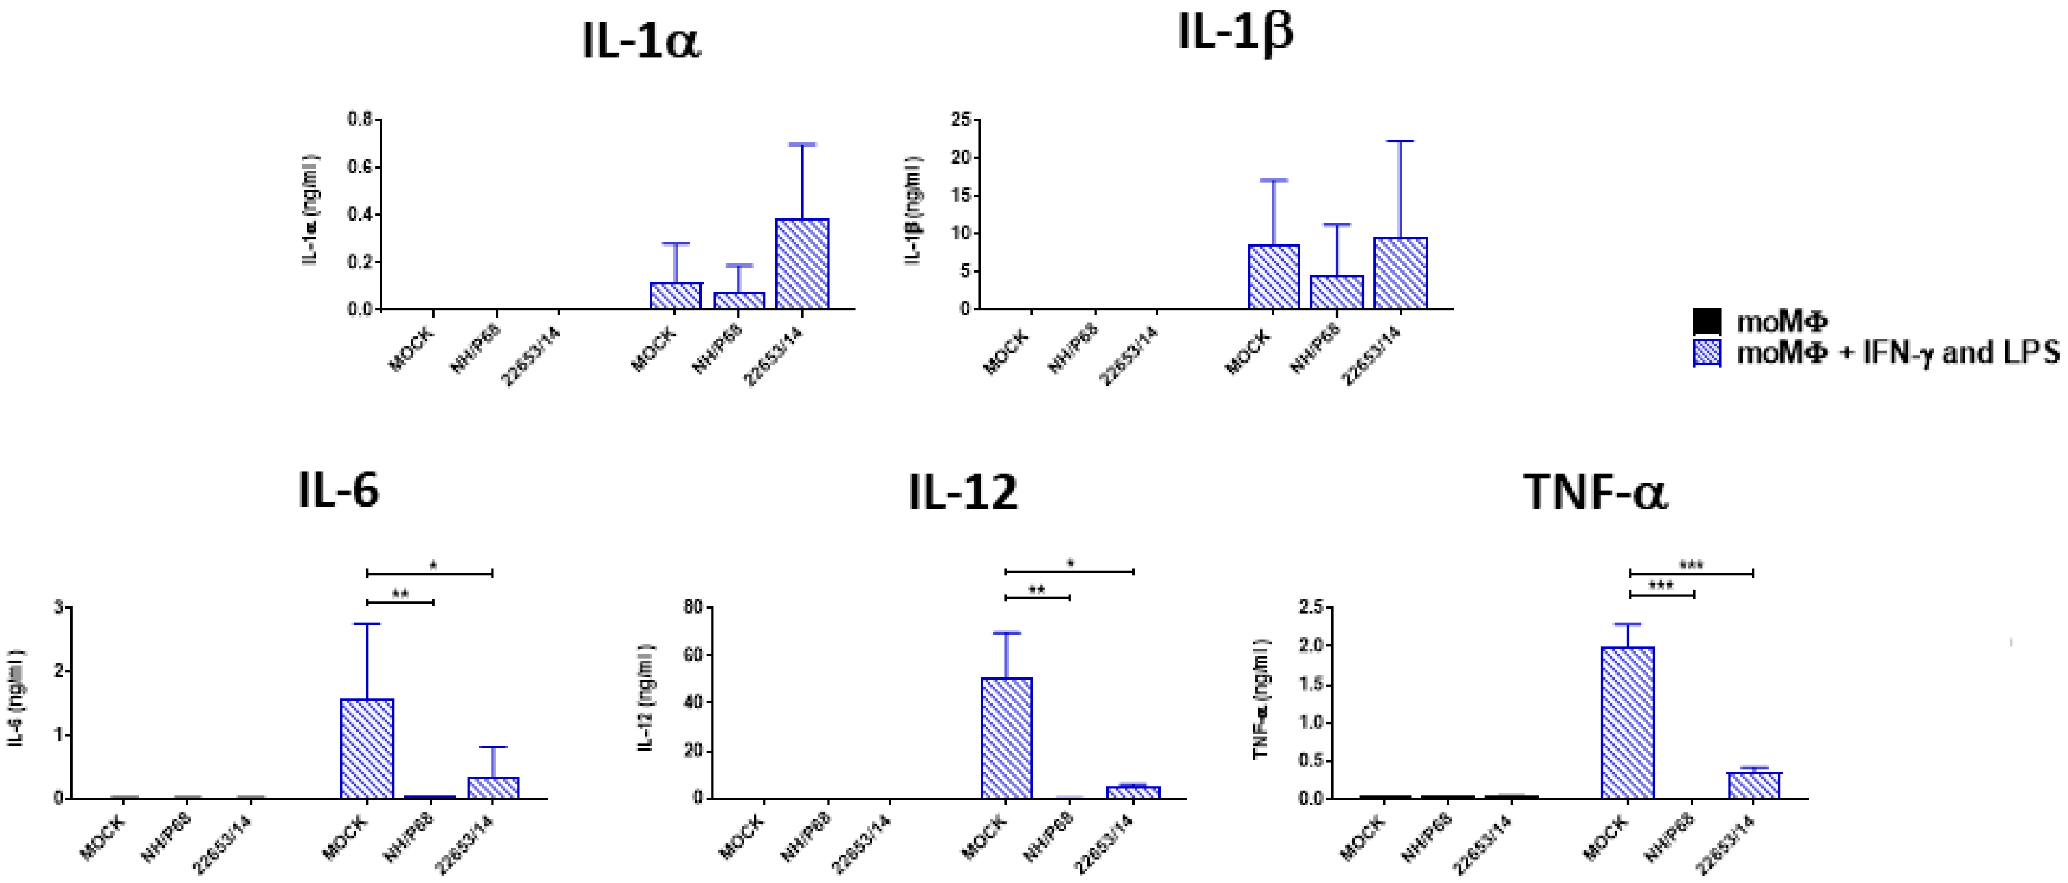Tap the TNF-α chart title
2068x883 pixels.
[1595, 493]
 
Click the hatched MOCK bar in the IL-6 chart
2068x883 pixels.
[367, 748]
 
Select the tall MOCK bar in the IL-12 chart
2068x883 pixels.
[1007, 738]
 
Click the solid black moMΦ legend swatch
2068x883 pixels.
[1707, 322]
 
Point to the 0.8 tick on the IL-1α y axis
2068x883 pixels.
[360, 120]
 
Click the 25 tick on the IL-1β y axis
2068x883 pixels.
[961, 120]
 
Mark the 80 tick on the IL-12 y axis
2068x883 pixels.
[691, 607]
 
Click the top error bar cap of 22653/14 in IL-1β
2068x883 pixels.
[1400, 141]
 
